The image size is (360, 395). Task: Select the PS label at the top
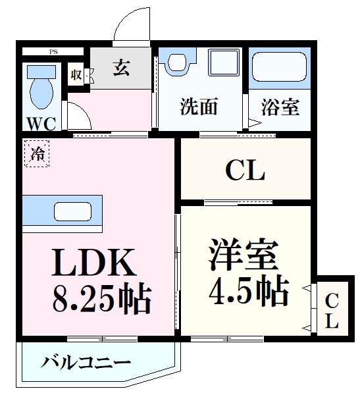pyautogui.click(x=52, y=51)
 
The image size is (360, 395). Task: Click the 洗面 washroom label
pyautogui.click(x=199, y=107)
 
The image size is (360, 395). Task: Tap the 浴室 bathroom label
pyautogui.click(x=281, y=107)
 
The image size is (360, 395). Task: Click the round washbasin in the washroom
pyautogui.click(x=176, y=63)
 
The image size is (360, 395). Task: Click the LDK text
pyautogui.click(x=94, y=263)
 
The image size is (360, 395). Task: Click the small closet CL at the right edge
pyautogui.click(x=332, y=311)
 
